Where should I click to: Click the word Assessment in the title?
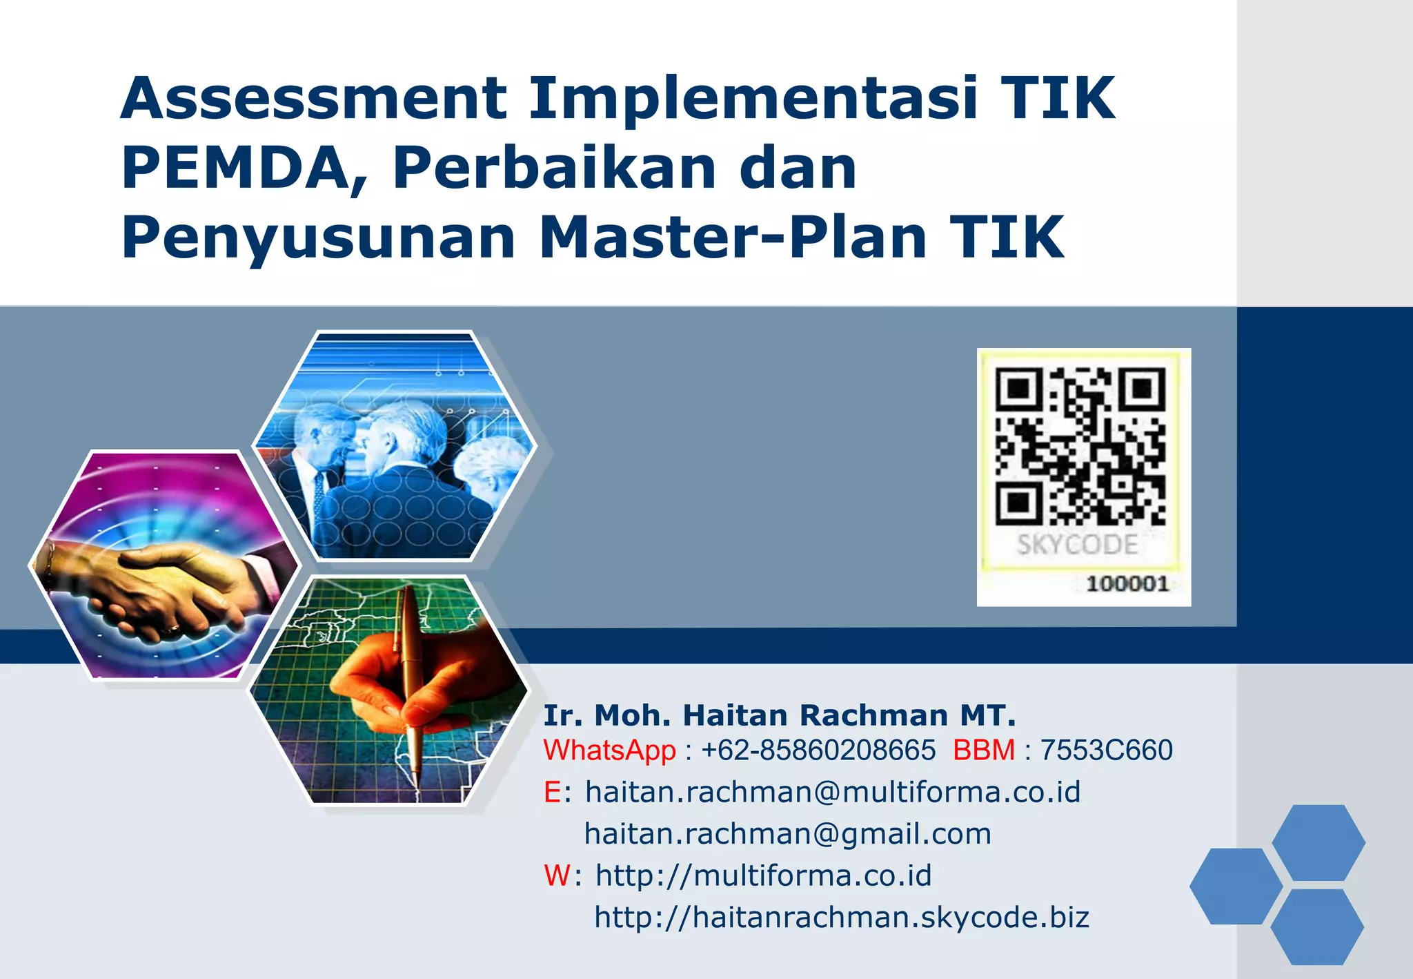(x=315, y=99)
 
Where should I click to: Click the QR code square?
(x=1080, y=445)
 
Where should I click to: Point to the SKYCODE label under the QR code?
(x=1077, y=545)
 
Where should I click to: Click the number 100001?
(x=1127, y=584)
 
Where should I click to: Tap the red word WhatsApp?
(x=609, y=750)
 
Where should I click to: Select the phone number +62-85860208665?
(x=818, y=750)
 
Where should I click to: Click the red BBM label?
(x=984, y=750)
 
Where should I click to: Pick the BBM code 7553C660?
(x=1106, y=750)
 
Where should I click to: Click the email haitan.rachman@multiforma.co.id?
(x=832, y=793)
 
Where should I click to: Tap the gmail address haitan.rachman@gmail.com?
(x=787, y=834)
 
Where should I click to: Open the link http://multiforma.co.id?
(x=763, y=876)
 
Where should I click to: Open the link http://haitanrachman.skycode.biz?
(x=842, y=918)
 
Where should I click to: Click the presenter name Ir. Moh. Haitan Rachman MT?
(x=780, y=716)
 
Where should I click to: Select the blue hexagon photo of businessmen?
(x=395, y=445)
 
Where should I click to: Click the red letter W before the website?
(x=557, y=876)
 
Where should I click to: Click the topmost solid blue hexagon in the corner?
(x=1318, y=842)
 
